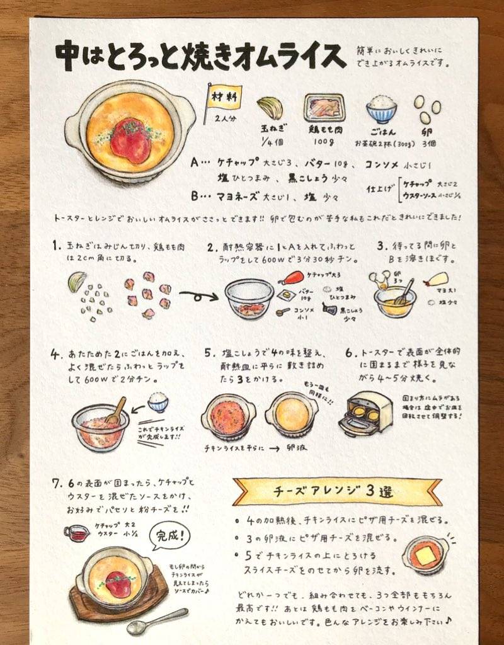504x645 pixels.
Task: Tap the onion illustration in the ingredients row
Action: tap(270, 108)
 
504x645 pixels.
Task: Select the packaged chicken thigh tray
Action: tap(324, 107)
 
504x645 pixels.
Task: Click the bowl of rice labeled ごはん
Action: tap(382, 109)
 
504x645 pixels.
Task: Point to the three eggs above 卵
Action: tap(427, 110)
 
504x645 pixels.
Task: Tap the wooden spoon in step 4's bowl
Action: tap(115, 410)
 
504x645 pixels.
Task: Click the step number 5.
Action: tap(208, 353)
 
